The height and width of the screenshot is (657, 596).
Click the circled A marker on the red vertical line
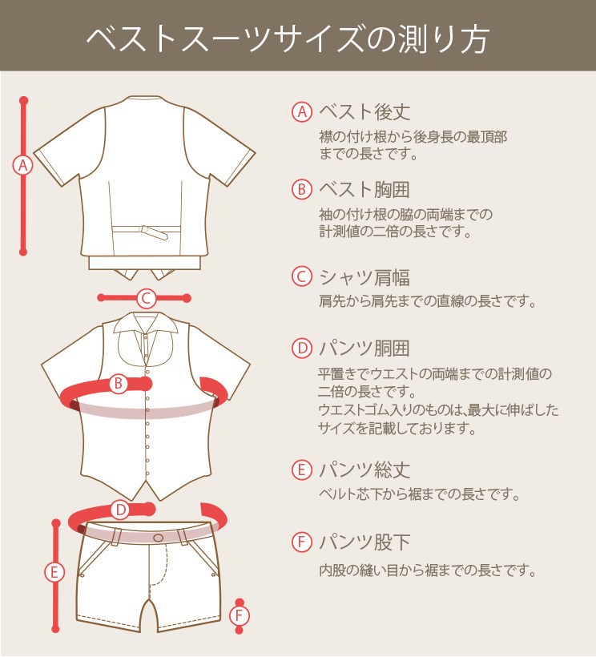(23, 166)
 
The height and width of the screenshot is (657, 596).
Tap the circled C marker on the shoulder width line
(146, 298)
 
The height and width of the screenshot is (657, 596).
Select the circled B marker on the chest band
(119, 384)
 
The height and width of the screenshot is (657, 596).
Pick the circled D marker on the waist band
(121, 510)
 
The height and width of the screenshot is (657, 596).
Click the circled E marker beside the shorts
(54, 572)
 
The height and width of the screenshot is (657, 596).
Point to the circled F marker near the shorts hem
(240, 616)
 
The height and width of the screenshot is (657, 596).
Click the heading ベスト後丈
(364, 112)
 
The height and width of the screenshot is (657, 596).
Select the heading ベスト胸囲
(364, 189)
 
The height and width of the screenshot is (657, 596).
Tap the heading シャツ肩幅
(364, 277)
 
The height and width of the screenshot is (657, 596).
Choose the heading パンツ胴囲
(364, 349)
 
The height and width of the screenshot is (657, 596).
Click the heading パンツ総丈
(364, 470)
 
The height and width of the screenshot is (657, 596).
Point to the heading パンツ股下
(364, 542)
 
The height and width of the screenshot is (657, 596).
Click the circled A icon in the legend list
(302, 112)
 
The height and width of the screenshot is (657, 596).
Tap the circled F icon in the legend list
(302, 542)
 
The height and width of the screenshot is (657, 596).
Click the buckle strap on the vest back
(154, 232)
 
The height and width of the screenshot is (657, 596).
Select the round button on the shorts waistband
(159, 538)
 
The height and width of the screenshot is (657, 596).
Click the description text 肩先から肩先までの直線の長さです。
(428, 300)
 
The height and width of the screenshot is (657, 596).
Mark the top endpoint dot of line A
(23, 101)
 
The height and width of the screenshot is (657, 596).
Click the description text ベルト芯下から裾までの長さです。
(419, 494)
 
